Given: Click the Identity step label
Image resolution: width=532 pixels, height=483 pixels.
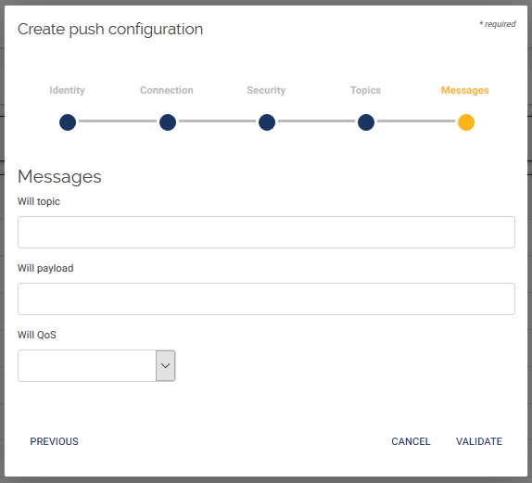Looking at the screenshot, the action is (x=67, y=90).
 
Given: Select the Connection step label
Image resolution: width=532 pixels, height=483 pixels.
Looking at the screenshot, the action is (x=167, y=90).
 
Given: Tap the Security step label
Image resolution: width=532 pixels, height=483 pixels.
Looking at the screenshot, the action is (x=266, y=90).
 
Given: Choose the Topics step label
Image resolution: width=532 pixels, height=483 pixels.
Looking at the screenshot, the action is (x=365, y=90).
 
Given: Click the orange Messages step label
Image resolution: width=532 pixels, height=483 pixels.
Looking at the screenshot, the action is (x=465, y=90).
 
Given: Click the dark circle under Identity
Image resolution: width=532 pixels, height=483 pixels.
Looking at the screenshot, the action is (x=68, y=122).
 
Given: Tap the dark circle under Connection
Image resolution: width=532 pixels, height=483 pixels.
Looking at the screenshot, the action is (x=168, y=122).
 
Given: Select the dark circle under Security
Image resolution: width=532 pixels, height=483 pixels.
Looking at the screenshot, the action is (x=267, y=122).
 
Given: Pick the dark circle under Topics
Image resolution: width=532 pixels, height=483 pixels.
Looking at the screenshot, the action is (x=366, y=122).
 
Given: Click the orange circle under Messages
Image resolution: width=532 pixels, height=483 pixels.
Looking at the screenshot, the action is (x=466, y=122).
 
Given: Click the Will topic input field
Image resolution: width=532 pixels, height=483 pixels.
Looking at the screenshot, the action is (x=266, y=232).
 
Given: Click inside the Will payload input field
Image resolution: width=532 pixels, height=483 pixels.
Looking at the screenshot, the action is (x=266, y=299).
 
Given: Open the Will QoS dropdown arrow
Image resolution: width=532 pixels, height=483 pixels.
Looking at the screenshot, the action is (x=165, y=365).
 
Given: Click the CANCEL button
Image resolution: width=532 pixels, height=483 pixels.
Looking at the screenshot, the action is (x=411, y=441).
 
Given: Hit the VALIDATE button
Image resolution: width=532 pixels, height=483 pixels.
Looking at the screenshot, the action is (x=479, y=441).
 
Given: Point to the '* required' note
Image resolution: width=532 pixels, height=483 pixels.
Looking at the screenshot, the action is (x=498, y=24).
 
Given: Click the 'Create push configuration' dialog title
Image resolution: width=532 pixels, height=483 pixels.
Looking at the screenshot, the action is (x=110, y=29).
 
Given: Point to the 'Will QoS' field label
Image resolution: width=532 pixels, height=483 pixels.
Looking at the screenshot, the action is (x=37, y=335).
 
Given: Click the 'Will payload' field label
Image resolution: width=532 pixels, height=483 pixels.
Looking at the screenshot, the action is (x=45, y=268).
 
